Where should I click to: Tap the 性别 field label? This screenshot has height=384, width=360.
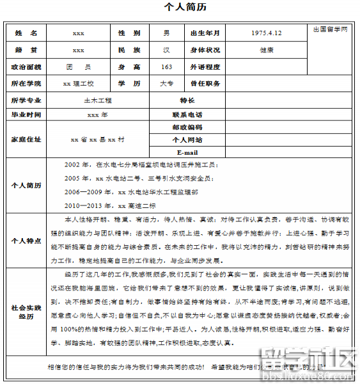coord(129,33)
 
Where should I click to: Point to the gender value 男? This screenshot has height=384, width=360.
coord(166,33)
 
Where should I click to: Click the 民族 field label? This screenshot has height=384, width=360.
coord(129,50)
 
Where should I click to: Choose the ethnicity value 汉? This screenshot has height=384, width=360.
coord(166,50)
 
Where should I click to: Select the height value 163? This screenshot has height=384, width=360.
coord(166,67)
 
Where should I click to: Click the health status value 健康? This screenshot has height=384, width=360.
coord(267,50)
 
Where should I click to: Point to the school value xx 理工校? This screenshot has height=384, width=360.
coord(79,84)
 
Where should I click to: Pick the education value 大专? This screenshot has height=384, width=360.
coord(166,84)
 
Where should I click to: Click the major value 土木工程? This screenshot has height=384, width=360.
coord(97,101)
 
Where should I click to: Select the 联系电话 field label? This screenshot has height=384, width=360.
coord(187,115)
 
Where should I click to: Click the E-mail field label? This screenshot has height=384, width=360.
coord(187,153)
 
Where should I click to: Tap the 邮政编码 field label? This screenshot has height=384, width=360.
coord(187,127)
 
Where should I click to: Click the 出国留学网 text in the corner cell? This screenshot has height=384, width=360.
coord(331,30)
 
